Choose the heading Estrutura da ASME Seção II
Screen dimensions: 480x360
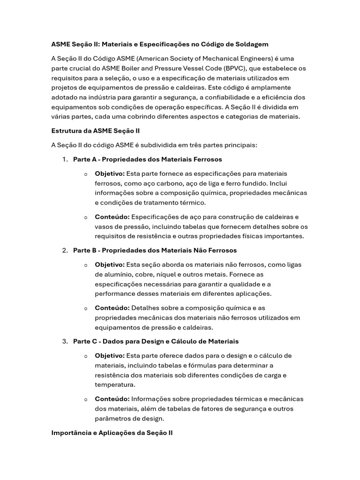tap(95, 131)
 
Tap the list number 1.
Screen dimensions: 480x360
tap(65, 159)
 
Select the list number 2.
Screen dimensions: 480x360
tap(65, 250)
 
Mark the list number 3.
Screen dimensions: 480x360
tap(65, 341)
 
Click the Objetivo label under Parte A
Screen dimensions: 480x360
tap(110, 174)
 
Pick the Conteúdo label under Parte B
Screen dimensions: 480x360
tap(112, 308)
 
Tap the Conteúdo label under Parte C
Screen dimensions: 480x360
tap(112, 399)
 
